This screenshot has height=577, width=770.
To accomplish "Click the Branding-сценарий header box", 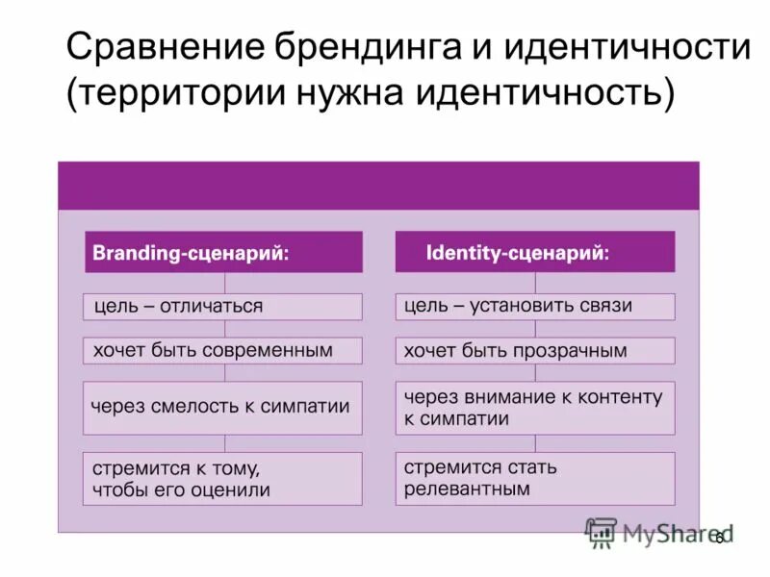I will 223,252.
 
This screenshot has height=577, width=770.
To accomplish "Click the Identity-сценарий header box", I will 535,252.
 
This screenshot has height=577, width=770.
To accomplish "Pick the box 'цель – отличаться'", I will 223,307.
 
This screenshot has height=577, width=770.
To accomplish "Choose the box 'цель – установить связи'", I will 535,307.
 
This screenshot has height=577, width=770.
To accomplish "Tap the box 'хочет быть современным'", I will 223,350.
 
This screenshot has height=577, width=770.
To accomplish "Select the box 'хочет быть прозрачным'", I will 535,350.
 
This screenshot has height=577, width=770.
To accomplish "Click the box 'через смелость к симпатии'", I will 223,407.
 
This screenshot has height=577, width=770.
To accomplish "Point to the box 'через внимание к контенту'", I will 535,407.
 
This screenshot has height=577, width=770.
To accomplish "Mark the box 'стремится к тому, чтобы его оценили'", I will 223,478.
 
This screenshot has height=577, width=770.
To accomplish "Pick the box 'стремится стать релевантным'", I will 535,478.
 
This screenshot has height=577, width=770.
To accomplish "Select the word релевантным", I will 467,489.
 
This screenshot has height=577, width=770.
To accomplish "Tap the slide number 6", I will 718,539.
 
